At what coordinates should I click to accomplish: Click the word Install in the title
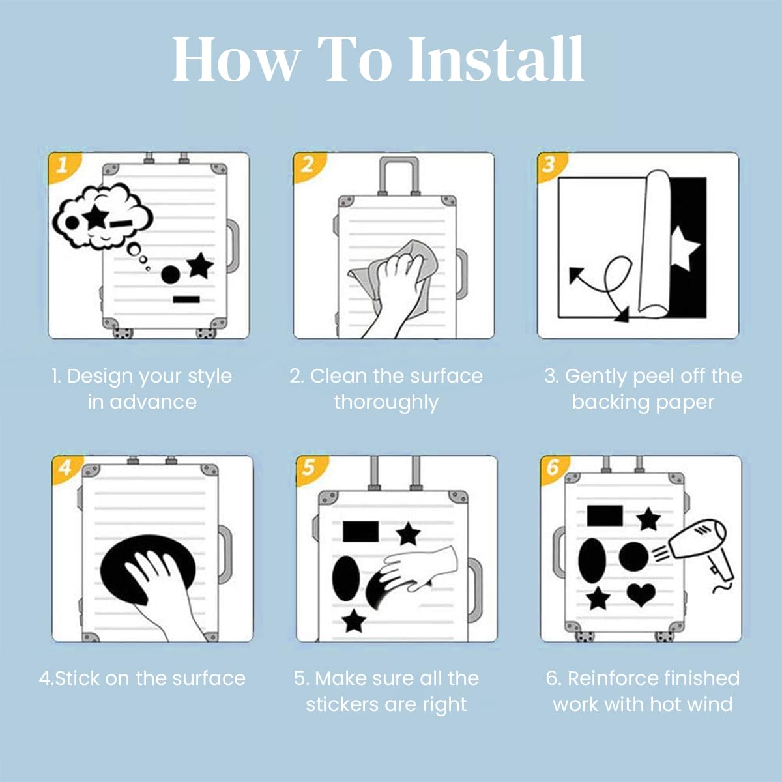(496, 59)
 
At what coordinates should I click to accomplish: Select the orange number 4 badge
(66, 469)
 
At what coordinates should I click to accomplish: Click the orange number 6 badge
(554, 469)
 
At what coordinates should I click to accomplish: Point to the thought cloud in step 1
(102, 216)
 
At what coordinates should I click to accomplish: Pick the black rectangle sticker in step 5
(361, 532)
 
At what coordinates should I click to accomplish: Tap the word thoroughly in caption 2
(386, 403)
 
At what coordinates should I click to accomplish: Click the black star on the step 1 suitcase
(201, 266)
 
